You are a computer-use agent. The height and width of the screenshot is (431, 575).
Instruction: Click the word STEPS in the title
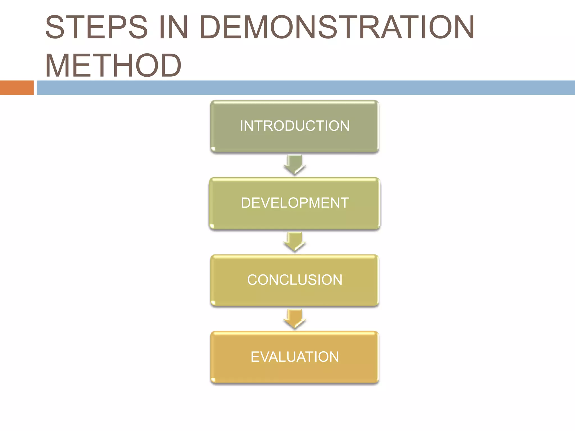(96, 27)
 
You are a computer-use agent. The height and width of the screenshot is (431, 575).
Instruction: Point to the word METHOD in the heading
(113, 65)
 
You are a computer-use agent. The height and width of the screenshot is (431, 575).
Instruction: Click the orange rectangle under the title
(17, 88)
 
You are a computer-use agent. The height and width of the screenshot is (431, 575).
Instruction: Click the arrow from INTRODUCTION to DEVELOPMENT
(295, 165)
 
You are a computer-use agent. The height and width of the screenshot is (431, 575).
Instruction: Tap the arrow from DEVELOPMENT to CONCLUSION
(295, 242)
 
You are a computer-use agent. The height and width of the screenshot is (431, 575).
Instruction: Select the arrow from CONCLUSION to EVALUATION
(295, 319)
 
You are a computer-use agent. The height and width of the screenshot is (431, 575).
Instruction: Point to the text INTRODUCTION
(295, 126)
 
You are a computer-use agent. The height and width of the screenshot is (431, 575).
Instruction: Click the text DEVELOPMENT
(295, 203)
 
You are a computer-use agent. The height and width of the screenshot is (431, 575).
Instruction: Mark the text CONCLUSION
(295, 280)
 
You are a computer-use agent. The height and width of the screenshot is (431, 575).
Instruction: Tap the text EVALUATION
(295, 357)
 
